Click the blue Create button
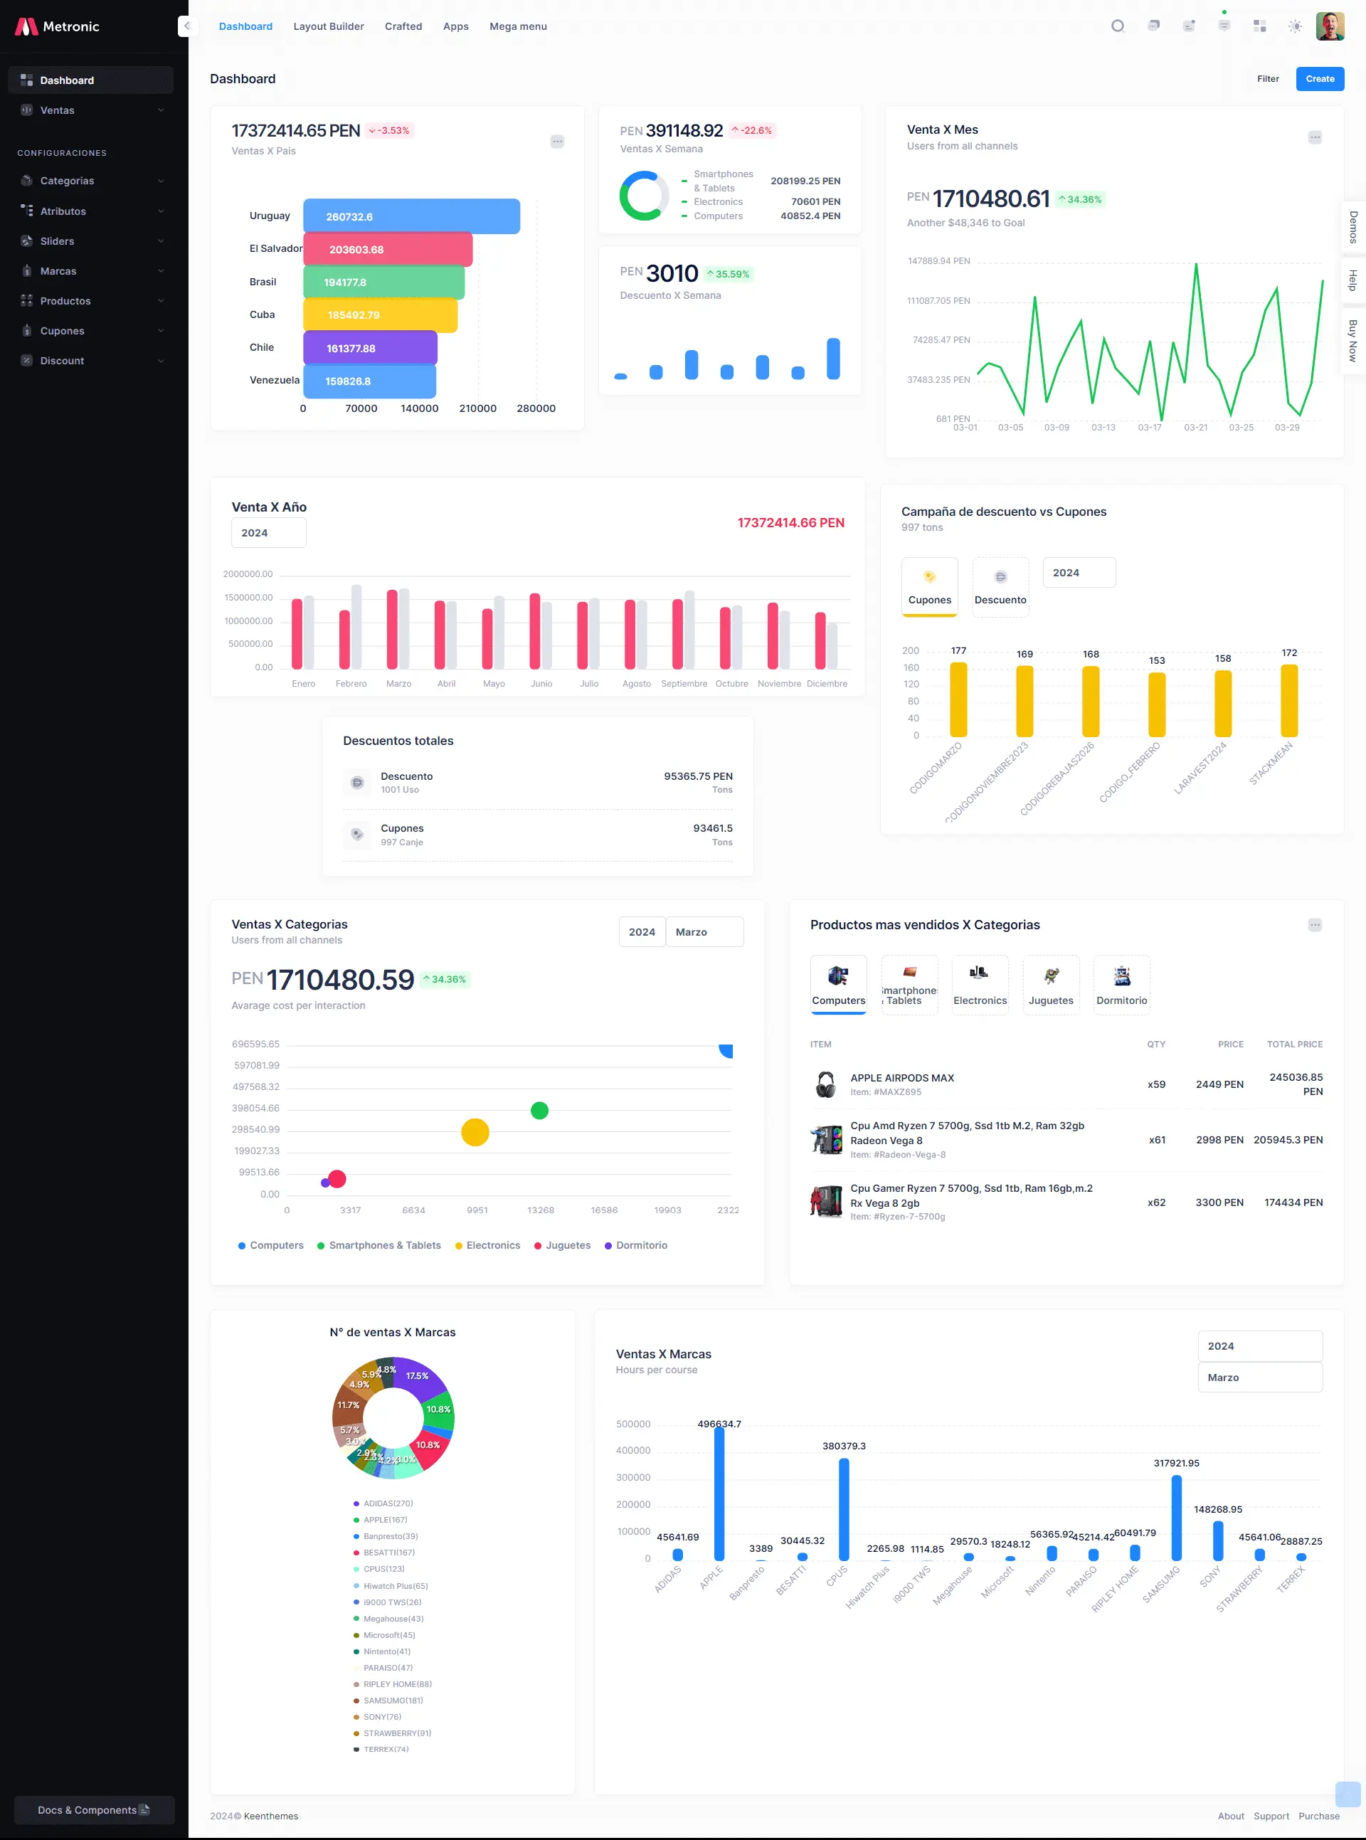point(1319,78)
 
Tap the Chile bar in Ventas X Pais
point(370,348)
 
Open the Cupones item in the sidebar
point(62,331)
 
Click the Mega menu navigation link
point(518,26)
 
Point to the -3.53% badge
point(389,131)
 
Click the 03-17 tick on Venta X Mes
point(1148,428)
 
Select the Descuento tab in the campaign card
point(1000,587)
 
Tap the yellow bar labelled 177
point(958,699)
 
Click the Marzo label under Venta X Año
point(398,684)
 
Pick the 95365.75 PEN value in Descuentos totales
point(697,776)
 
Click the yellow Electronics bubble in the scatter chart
point(475,1132)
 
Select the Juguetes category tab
point(1050,984)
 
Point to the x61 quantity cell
point(1157,1141)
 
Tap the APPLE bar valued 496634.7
point(719,1493)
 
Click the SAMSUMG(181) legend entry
point(393,1701)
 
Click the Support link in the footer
point(1270,1816)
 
